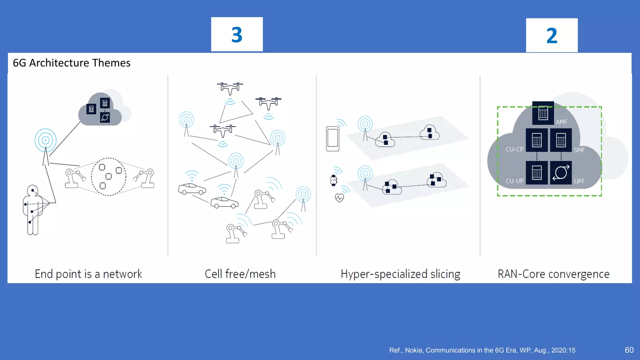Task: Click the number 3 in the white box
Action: pyautogui.click(x=237, y=35)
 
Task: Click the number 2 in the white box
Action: pyautogui.click(x=552, y=36)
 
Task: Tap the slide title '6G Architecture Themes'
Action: pyautogui.click(x=72, y=63)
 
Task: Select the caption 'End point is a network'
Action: pyautogui.click(x=88, y=274)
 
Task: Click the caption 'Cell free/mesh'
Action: pyautogui.click(x=240, y=274)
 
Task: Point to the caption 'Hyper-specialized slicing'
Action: pyautogui.click(x=400, y=274)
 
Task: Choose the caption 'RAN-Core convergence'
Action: pyautogui.click(x=553, y=274)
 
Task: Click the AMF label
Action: pyautogui.click(x=561, y=122)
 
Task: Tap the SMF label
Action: pyautogui.click(x=579, y=150)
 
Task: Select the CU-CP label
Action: pyautogui.click(x=514, y=149)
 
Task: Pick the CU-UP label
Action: pyautogui.click(x=514, y=181)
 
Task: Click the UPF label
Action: pyautogui.click(x=579, y=181)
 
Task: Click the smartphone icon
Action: pyautogui.click(x=332, y=139)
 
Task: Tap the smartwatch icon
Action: pyautogui.click(x=333, y=180)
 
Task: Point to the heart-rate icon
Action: pyautogui.click(x=339, y=198)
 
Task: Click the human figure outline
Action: pyautogui.click(x=32, y=211)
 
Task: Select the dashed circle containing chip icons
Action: pyautogui.click(x=108, y=177)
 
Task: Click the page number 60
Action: pyautogui.click(x=629, y=350)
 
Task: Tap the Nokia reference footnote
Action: pyautogui.click(x=482, y=350)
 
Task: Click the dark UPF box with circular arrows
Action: pyautogui.click(x=561, y=172)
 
